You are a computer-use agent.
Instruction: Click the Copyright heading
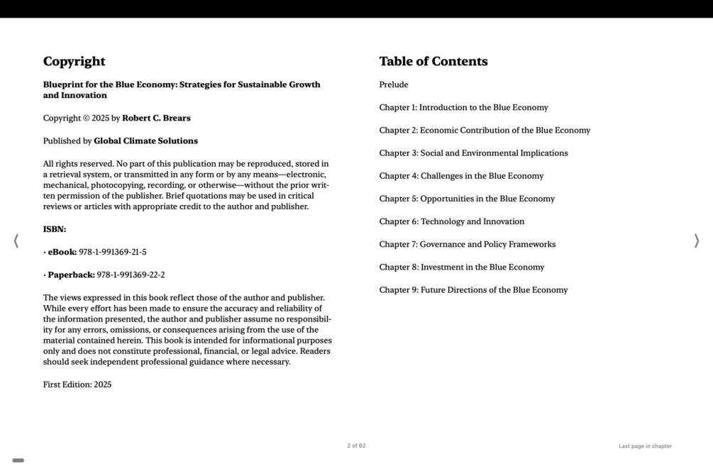(74, 62)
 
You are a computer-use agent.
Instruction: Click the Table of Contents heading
(433, 62)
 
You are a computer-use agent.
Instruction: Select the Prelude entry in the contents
(394, 85)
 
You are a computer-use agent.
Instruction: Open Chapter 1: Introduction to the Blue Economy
(463, 108)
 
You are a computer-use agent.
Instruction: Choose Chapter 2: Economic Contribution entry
(485, 131)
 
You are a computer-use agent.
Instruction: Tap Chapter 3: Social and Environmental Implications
(473, 153)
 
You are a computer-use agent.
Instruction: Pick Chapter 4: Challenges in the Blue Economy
(461, 176)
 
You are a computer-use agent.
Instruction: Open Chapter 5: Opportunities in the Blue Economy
(467, 199)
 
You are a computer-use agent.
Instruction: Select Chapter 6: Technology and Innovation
(451, 221)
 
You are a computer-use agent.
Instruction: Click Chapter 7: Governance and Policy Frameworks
(467, 244)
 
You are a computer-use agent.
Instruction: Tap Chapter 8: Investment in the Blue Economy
(461, 267)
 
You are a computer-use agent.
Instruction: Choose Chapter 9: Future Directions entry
(473, 289)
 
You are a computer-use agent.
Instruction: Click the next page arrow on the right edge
(696, 241)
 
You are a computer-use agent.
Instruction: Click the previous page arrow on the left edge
(16, 241)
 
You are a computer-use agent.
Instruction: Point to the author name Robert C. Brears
(156, 118)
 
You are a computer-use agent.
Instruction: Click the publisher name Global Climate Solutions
(145, 141)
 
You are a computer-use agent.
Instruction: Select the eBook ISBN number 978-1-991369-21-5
(112, 252)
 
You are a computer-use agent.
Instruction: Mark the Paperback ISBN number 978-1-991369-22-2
(131, 275)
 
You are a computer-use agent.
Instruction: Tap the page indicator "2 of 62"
(356, 446)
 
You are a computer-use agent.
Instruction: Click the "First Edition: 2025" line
(77, 385)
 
